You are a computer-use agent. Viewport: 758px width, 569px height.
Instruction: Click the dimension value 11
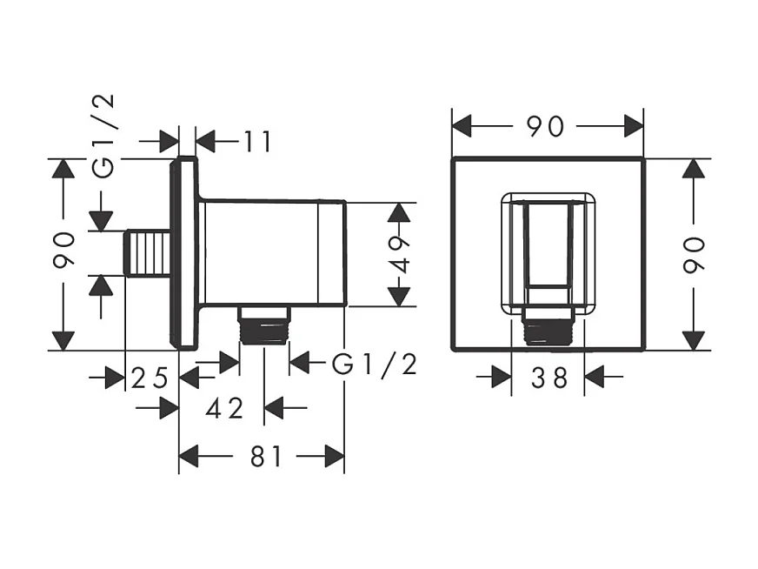pos(257,141)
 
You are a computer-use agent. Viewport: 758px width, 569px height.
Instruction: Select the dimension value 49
pos(399,254)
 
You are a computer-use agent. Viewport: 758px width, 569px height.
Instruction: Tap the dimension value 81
pos(267,456)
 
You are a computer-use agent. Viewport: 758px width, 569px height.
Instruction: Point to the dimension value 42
pos(224,407)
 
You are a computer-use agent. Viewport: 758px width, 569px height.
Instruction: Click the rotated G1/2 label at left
pos(103,136)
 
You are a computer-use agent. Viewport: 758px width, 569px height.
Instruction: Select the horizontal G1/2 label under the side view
pos(375,364)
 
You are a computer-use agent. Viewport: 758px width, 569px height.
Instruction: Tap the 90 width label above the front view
pos(547,126)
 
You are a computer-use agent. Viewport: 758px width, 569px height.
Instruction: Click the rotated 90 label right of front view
pos(693,255)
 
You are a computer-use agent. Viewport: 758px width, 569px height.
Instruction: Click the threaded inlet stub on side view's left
pos(147,253)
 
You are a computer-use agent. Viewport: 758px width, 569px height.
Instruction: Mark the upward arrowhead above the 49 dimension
pos(399,213)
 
